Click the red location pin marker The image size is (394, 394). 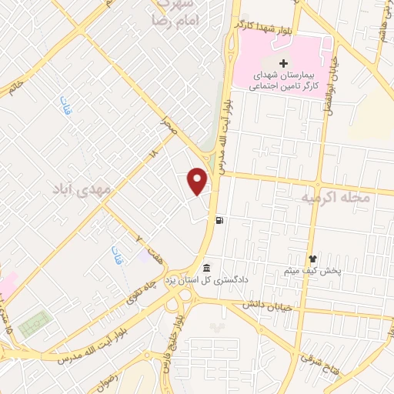click(x=199, y=181)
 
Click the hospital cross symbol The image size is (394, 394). click(x=283, y=63)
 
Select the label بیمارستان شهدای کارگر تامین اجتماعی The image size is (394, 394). click(x=283, y=82)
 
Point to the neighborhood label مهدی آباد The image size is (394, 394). click(x=83, y=187)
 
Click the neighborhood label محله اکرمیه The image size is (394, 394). click(x=336, y=198)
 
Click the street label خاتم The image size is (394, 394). click(x=13, y=82)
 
